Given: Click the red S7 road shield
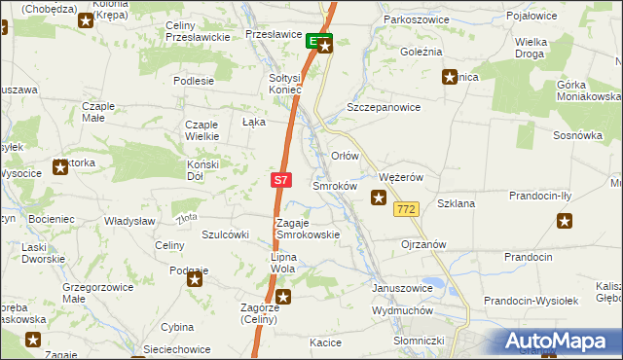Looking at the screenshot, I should (x=280, y=180).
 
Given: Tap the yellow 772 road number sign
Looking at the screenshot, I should (x=407, y=209).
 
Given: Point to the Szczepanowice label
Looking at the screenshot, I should (x=384, y=108).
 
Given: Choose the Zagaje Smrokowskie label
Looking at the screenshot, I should (x=308, y=229).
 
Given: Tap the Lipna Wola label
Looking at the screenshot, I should (x=288, y=263).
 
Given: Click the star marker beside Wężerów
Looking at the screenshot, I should (x=379, y=198).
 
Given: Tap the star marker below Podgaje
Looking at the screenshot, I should (x=195, y=281).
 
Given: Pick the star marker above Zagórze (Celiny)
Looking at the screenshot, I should (x=282, y=297).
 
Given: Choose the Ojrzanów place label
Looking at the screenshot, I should (x=423, y=244).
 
